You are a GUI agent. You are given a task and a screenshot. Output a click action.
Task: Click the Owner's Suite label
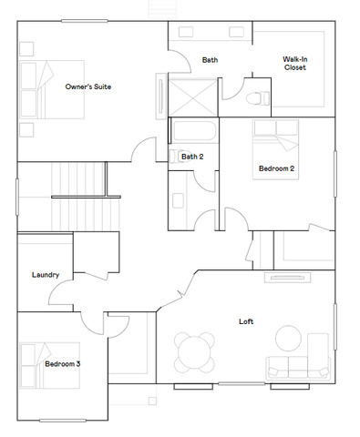pyautogui.click(x=88, y=86)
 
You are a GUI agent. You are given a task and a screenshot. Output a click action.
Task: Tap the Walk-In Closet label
pyautogui.click(x=294, y=64)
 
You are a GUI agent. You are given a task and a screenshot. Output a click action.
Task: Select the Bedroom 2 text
pyautogui.click(x=276, y=168)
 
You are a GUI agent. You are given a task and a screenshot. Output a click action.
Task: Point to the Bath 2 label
pyautogui.click(x=192, y=157)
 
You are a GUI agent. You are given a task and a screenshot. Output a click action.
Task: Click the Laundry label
pyautogui.click(x=46, y=275)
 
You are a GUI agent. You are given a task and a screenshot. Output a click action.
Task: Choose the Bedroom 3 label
pyautogui.click(x=63, y=363)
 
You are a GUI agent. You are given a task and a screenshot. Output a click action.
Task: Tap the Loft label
pyautogui.click(x=246, y=321)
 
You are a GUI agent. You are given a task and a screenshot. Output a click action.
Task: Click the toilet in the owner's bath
pyautogui.click(x=257, y=98)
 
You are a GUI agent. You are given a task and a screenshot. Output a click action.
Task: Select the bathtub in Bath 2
pyautogui.click(x=194, y=131)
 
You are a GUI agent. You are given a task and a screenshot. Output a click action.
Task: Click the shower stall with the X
pyautogui.click(x=192, y=97)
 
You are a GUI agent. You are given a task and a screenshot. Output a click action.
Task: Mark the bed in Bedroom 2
pyautogui.click(x=275, y=149)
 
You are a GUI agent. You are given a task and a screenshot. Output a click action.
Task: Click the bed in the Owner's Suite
pyautogui.click(x=52, y=89)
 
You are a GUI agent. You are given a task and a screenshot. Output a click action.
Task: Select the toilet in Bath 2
pyautogui.click(x=179, y=157)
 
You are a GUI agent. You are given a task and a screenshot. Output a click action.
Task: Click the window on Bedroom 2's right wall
pyautogui.click(x=335, y=174)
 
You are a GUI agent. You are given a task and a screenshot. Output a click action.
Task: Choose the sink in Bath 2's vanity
pyautogui.click(x=178, y=200)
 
